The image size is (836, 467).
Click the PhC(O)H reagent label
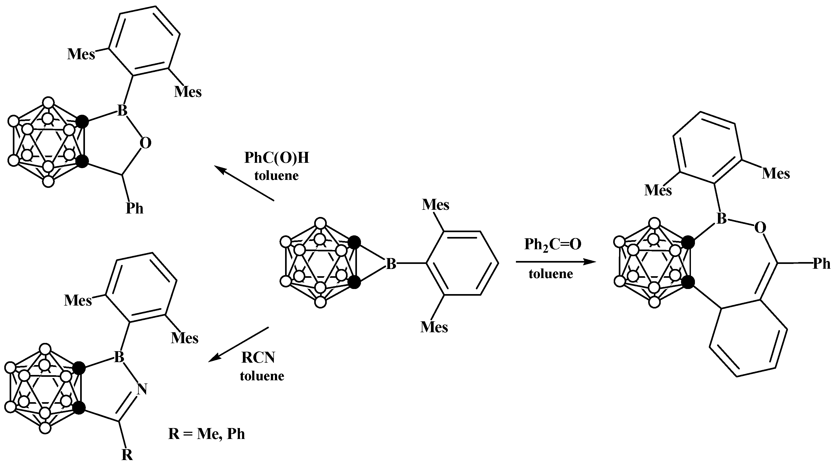(x=277, y=158)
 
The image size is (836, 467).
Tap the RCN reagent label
(x=258, y=358)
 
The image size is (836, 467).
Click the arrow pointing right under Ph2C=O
(x=556, y=262)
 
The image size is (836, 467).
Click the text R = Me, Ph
(x=207, y=434)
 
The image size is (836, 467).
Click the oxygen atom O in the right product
(x=760, y=228)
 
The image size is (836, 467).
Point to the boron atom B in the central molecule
(x=391, y=264)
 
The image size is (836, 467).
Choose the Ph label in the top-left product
(x=134, y=208)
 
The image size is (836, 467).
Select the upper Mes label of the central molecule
(x=435, y=205)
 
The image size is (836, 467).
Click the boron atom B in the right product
(x=721, y=219)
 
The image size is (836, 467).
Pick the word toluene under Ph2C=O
(x=551, y=274)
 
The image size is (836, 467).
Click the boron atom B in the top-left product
(x=122, y=110)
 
